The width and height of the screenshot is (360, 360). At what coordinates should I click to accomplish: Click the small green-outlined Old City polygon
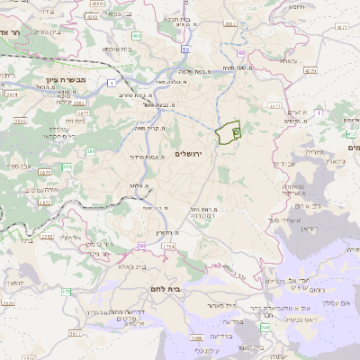[x=230, y=133]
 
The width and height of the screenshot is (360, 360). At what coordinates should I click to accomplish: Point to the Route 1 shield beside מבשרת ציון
[x=111, y=83]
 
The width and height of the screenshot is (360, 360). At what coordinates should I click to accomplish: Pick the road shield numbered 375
[x=66, y=292]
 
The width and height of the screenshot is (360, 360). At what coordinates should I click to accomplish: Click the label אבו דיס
[x=280, y=164]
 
